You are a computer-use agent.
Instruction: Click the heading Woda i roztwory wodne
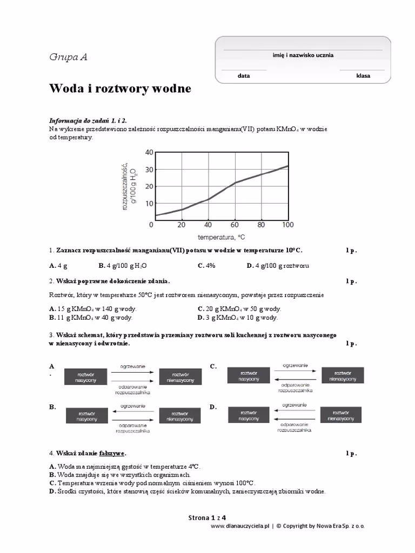click(x=120, y=88)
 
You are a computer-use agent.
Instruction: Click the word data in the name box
click(x=244, y=76)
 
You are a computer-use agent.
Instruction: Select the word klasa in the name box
click(x=363, y=76)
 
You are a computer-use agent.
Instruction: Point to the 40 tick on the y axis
click(x=149, y=152)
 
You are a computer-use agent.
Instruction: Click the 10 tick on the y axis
click(x=149, y=204)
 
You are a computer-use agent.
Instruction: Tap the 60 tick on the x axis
click(x=235, y=225)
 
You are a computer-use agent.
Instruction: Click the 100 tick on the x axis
click(x=287, y=225)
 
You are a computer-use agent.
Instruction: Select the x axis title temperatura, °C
click(x=222, y=237)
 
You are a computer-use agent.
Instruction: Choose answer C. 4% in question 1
click(x=206, y=266)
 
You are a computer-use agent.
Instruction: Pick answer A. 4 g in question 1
click(x=58, y=266)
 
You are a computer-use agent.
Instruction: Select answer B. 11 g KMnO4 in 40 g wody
click(x=92, y=318)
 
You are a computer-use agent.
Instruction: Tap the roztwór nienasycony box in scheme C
click(x=345, y=375)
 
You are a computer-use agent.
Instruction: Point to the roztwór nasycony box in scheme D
click(x=249, y=415)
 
